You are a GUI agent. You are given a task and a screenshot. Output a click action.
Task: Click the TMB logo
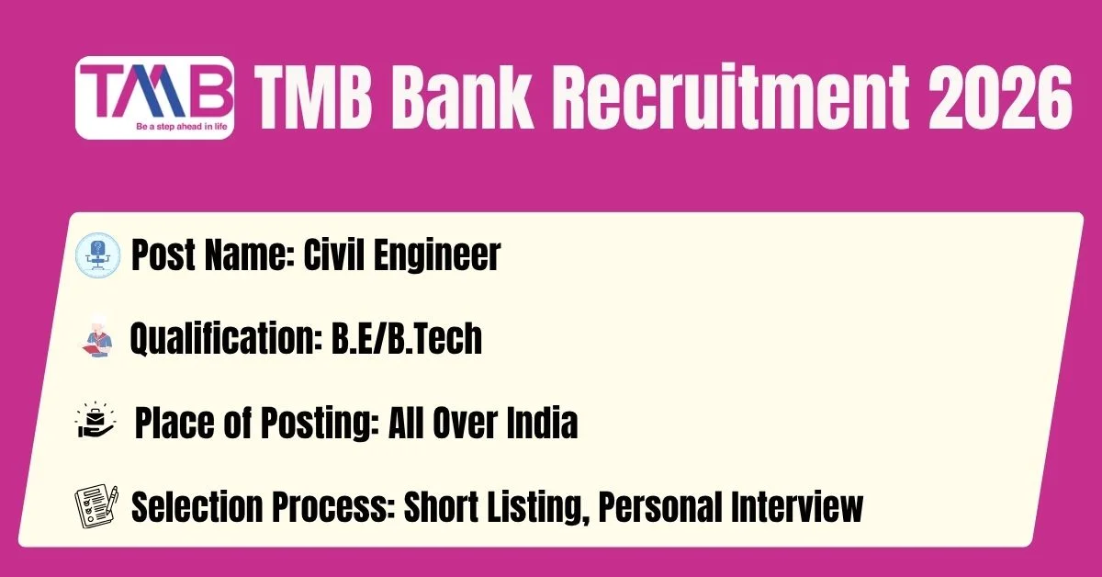coord(154,97)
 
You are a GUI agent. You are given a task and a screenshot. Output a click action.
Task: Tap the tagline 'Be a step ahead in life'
coord(182,127)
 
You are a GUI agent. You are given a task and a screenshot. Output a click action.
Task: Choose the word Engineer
coord(437,255)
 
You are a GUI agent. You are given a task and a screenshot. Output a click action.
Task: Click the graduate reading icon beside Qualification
coord(97,339)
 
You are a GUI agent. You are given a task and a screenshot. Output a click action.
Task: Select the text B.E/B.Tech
coord(406,338)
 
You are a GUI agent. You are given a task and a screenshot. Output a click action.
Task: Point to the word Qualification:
coord(225,339)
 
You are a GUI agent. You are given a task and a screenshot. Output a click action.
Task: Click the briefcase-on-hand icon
coord(96,420)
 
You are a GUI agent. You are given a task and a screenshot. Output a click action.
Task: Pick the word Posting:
coord(320,423)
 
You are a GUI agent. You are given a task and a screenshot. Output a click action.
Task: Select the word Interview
coord(797,506)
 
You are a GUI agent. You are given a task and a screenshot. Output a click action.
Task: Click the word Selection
coord(197,506)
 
